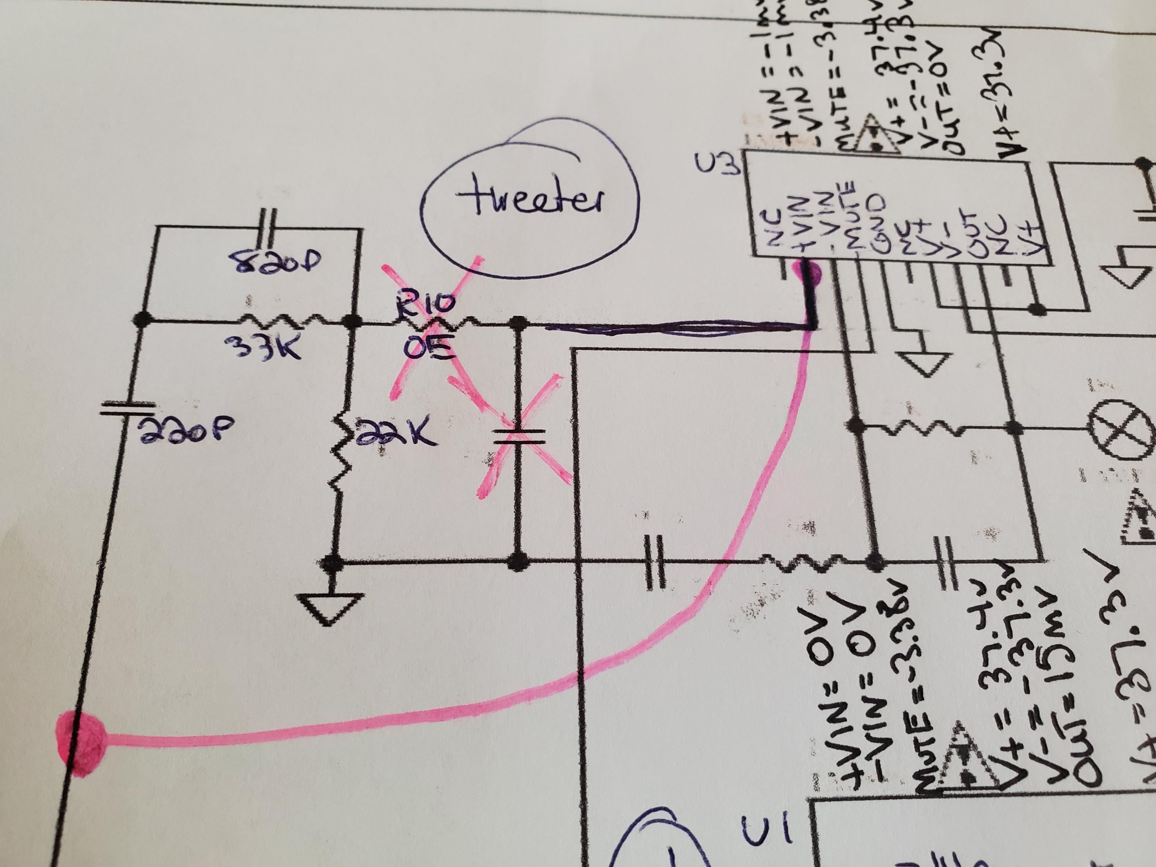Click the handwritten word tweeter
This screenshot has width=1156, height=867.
[x=531, y=198]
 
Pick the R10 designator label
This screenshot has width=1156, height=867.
[x=425, y=306]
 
